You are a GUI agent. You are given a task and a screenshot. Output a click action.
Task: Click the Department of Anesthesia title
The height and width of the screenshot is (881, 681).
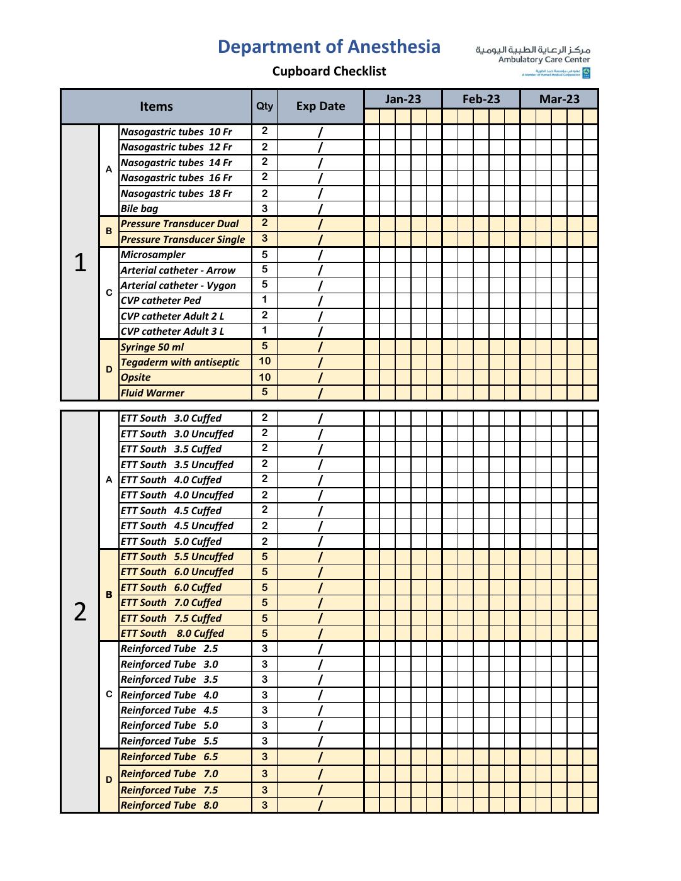329,47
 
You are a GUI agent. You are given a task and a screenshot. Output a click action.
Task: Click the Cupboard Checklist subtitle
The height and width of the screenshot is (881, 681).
329,71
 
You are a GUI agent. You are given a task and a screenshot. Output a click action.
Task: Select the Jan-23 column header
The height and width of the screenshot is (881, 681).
403,99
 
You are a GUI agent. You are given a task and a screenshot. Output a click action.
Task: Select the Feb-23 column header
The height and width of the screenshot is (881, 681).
481,99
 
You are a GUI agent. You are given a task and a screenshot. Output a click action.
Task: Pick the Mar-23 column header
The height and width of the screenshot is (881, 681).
559,99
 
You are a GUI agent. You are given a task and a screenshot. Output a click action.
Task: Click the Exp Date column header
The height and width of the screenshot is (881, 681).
320,106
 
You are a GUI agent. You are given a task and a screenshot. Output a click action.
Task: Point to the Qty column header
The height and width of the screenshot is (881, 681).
264,106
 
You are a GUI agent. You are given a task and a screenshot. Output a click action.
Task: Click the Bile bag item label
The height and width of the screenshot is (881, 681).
139,209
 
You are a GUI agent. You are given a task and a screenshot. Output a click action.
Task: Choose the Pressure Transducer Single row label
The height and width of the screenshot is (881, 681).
183,239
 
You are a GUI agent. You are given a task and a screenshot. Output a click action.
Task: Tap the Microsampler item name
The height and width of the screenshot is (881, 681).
153,255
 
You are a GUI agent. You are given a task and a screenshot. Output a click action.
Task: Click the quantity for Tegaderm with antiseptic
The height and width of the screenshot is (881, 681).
264,361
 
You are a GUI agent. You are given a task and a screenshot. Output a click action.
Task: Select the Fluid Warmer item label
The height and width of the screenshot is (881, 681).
152,393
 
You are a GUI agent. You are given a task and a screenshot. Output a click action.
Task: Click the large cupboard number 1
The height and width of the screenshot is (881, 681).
80,262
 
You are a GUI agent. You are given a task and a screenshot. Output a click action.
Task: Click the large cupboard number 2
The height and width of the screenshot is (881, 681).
80,611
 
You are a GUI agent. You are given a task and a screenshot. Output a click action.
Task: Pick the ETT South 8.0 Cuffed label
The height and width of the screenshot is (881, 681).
172,634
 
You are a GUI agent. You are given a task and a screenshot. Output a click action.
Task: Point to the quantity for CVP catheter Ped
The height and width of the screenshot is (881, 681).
264,300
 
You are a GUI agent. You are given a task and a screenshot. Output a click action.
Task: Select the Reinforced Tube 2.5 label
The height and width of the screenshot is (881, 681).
169,649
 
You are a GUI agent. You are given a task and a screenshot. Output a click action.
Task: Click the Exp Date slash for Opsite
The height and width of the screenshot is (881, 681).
320,378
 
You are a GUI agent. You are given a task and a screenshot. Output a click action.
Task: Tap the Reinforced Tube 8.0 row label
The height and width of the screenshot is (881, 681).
169,805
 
